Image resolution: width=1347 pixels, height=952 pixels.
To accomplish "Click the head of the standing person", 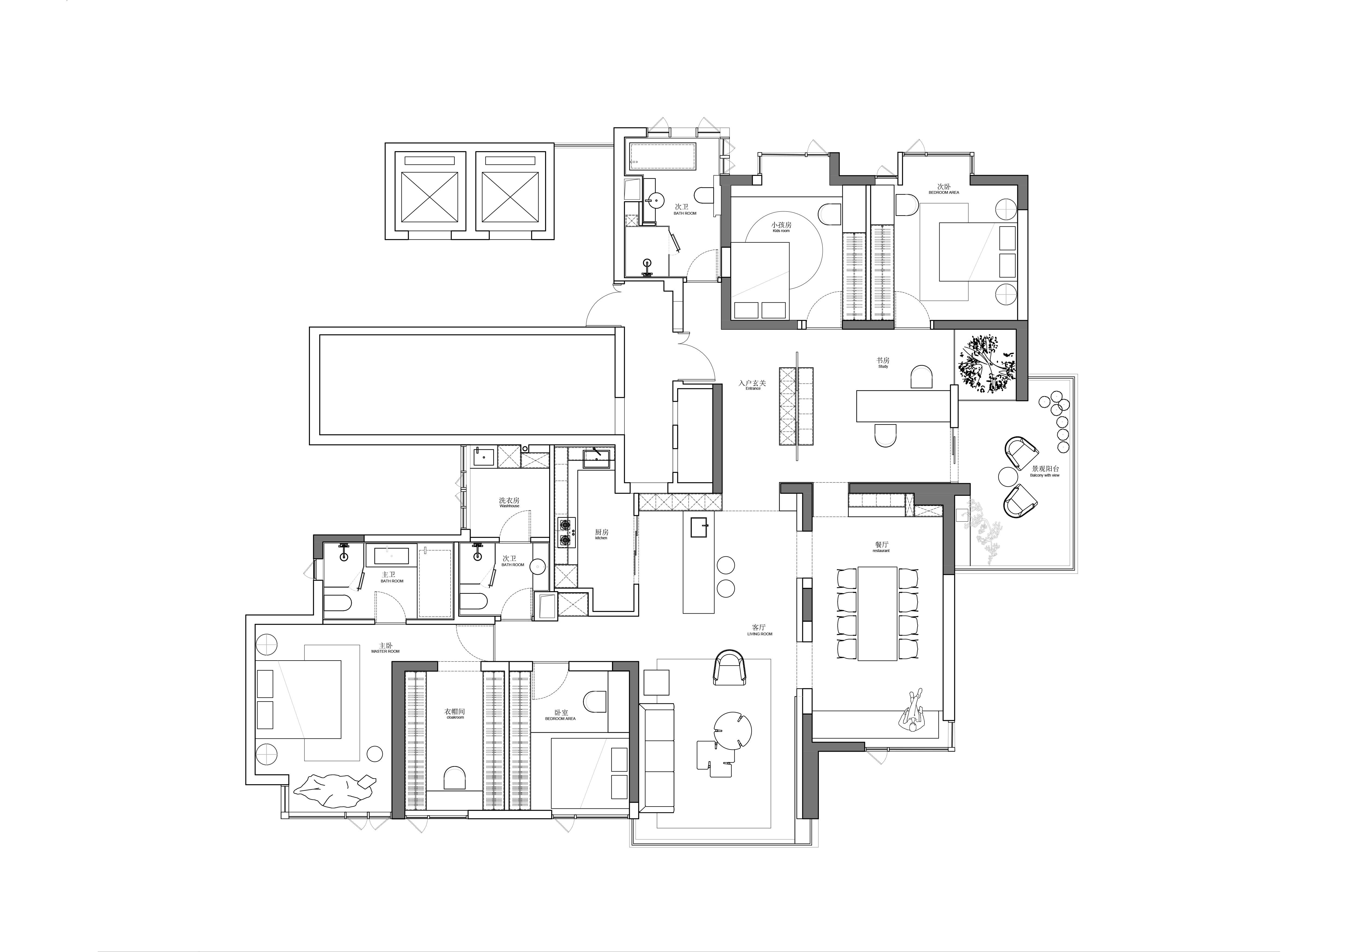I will tap(913, 727).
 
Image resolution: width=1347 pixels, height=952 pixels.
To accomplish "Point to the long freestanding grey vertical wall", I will tap(717, 438).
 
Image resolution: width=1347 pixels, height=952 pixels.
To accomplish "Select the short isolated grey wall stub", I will tap(807, 604).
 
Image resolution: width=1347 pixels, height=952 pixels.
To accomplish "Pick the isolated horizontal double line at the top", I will tap(584, 145).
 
